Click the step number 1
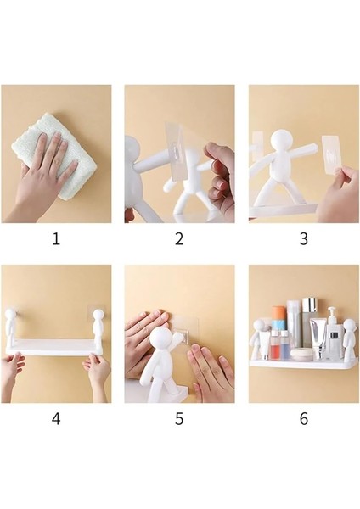[56, 238]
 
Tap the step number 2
[179, 238]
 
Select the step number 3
[303, 238]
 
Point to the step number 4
[56, 418]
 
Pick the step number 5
[179, 418]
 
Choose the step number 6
[303, 418]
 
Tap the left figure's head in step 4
[14, 320]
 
